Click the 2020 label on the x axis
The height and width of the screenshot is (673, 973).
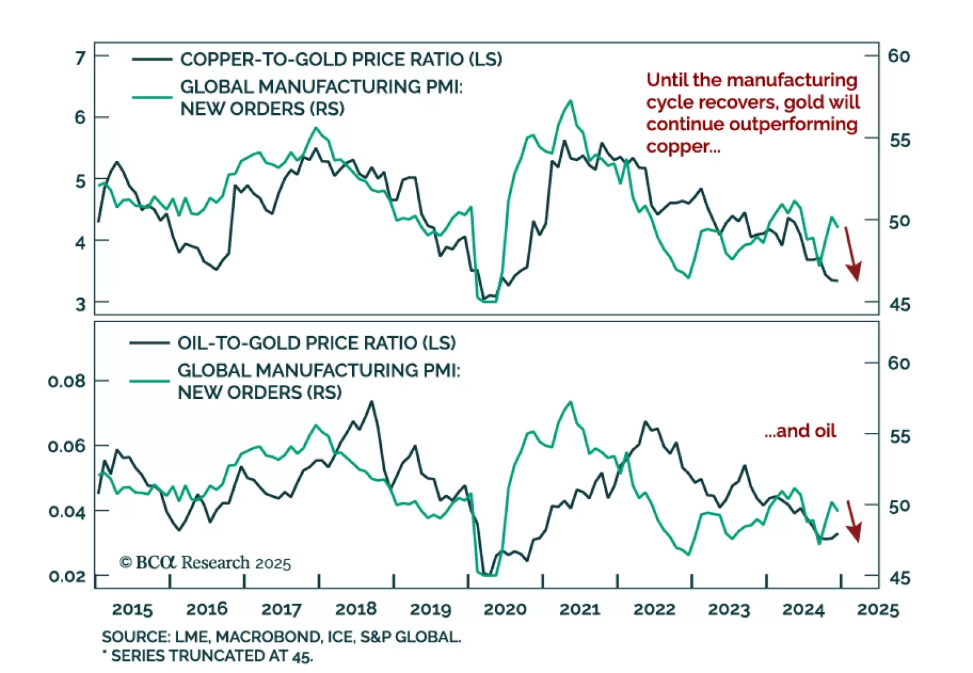(x=505, y=609)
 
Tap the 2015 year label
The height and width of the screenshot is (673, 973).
(x=133, y=609)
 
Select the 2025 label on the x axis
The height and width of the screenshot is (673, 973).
(x=878, y=609)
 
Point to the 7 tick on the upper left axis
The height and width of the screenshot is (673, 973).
(x=80, y=58)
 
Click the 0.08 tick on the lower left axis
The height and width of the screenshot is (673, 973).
(x=66, y=381)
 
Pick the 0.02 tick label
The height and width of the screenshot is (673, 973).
(x=66, y=576)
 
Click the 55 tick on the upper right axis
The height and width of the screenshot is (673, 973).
(x=900, y=140)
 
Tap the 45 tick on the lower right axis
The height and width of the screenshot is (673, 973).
(x=900, y=578)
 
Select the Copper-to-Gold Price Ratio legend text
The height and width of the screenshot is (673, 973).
(x=341, y=60)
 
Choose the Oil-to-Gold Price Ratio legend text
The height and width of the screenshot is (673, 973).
(x=316, y=343)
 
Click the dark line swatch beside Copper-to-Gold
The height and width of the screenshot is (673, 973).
(x=152, y=60)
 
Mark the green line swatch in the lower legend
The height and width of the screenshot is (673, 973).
(x=149, y=381)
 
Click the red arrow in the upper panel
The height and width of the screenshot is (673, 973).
(x=853, y=255)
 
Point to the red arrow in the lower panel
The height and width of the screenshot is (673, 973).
(x=853, y=522)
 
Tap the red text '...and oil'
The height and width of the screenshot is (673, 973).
(x=800, y=431)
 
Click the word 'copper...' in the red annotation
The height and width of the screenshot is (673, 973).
(x=683, y=147)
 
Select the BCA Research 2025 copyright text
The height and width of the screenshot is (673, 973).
(x=205, y=562)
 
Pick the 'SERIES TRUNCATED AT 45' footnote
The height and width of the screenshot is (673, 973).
(x=211, y=656)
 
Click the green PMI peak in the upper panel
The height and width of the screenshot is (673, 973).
(x=570, y=101)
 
